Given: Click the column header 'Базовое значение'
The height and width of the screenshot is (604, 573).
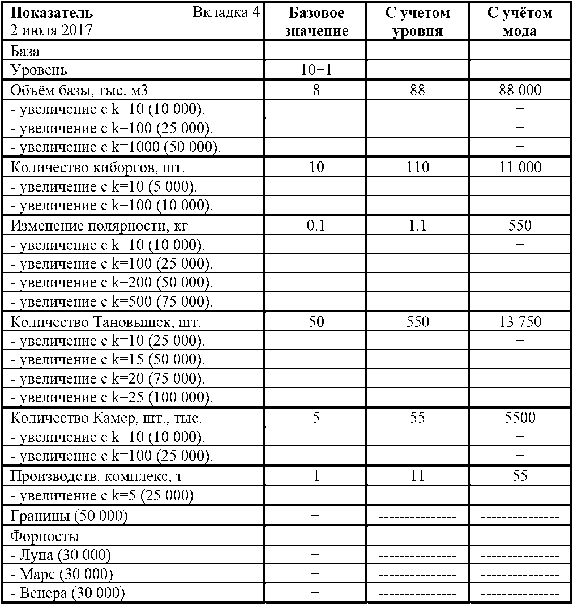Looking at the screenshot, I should pyautogui.click(x=316, y=22).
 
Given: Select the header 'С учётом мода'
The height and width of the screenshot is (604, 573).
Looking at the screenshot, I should pyautogui.click(x=520, y=22).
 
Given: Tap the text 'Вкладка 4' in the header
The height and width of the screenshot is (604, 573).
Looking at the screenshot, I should pyautogui.click(x=226, y=13).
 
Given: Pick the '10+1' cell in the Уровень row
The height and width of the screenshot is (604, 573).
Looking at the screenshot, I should pyautogui.click(x=316, y=70).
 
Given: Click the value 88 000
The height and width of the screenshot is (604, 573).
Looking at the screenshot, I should pyautogui.click(x=520, y=90).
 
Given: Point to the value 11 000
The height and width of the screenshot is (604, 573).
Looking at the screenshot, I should pyautogui.click(x=520, y=167).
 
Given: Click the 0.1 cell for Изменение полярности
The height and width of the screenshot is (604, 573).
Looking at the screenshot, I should pyautogui.click(x=316, y=226).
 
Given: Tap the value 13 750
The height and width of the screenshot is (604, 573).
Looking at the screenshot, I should pyautogui.click(x=520, y=322).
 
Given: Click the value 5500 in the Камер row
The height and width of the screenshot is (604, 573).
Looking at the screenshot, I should pyautogui.click(x=520, y=418).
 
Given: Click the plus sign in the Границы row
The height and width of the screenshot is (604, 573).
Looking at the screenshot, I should pyautogui.click(x=316, y=516).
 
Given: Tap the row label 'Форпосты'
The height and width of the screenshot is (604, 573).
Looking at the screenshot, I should pyautogui.click(x=45, y=536).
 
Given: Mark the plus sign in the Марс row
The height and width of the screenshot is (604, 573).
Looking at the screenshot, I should pyautogui.click(x=316, y=574).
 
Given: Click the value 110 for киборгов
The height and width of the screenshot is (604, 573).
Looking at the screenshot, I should pyautogui.click(x=418, y=167).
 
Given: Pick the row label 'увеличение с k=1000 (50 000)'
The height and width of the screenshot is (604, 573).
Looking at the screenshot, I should pyautogui.click(x=116, y=147).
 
